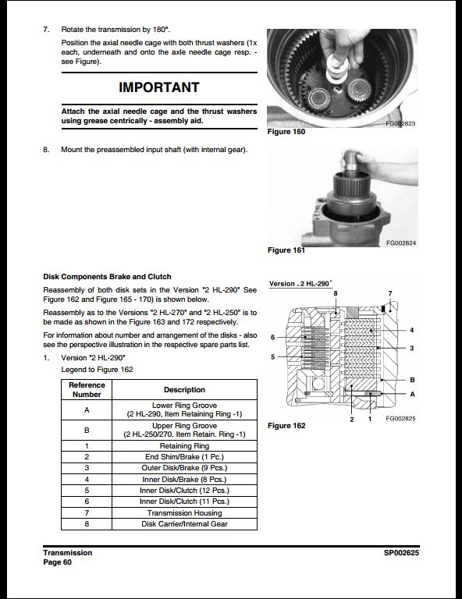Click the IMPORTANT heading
tap(158, 87)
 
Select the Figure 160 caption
tap(286, 133)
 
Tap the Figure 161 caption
tap(286, 250)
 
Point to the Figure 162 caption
tap(286, 426)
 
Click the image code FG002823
tap(401, 125)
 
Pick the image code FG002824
tap(401, 243)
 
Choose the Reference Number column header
tap(87, 389)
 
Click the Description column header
tap(185, 390)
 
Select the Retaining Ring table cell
tap(185, 445)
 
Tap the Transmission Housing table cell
tap(185, 512)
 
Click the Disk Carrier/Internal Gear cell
tap(185, 524)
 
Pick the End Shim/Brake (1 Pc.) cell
tap(185, 456)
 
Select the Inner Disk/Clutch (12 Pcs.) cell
tap(185, 491)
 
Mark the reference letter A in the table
tap(87, 409)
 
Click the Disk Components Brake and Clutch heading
tap(107, 277)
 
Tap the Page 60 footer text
tap(57, 562)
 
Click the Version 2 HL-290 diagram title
tap(300, 283)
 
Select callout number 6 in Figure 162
tap(272, 338)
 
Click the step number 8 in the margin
tap(46, 150)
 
